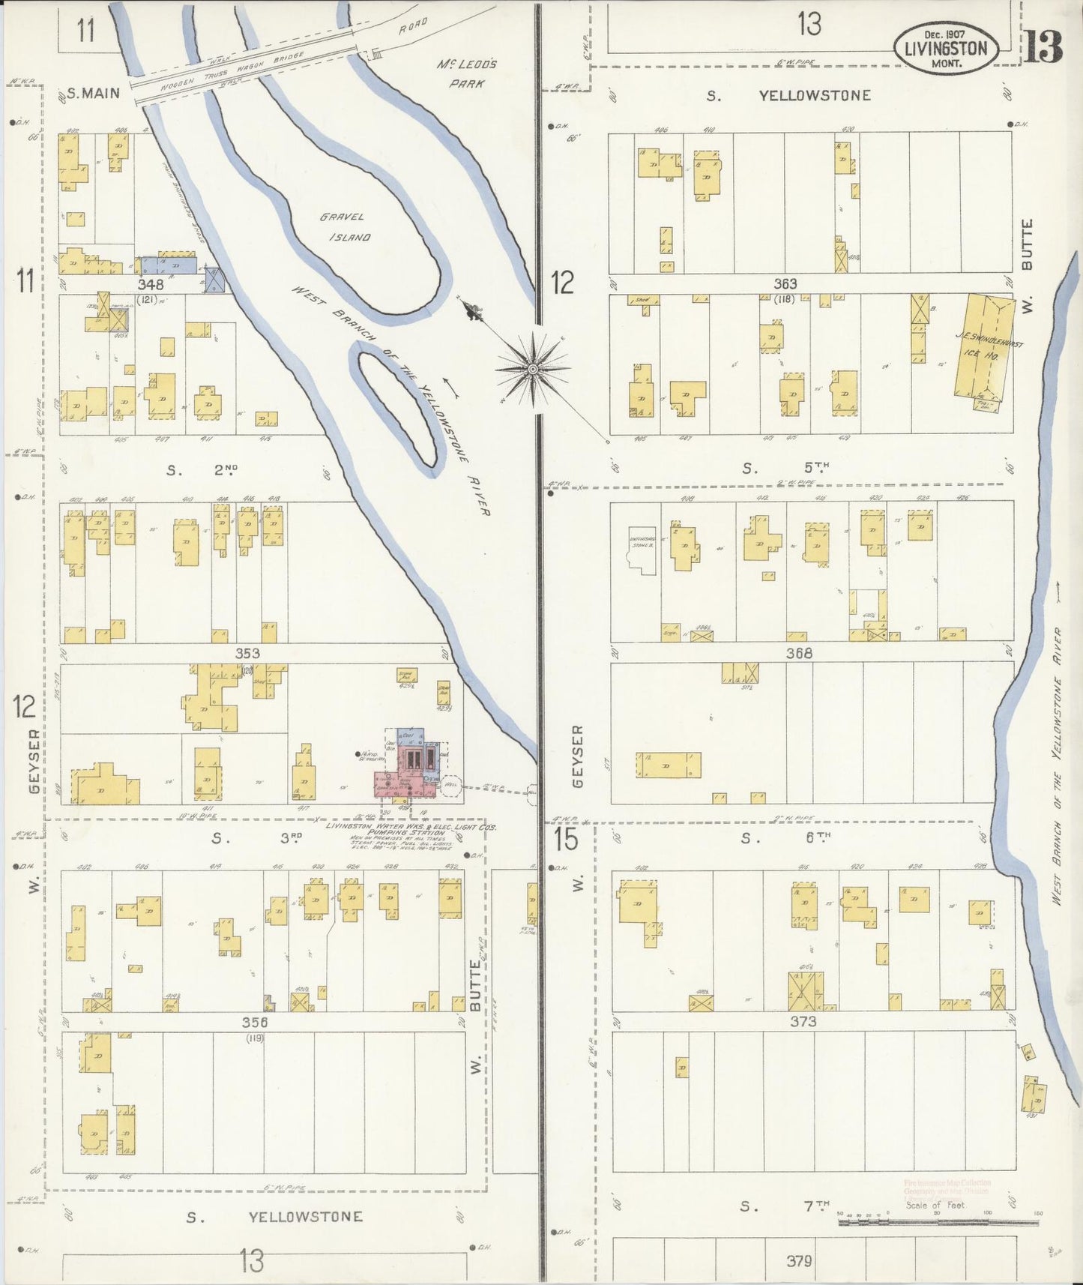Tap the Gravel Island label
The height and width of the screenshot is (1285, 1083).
click(x=344, y=227)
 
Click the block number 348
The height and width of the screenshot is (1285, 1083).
click(x=151, y=285)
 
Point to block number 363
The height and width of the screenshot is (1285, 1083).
click(x=785, y=284)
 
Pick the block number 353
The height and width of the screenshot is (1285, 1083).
click(x=247, y=653)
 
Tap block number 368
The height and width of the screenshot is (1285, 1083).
click(x=799, y=653)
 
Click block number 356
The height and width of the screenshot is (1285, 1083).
click(x=255, y=1022)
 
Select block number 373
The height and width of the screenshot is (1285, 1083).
click(x=802, y=1021)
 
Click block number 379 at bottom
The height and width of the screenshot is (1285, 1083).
click(x=799, y=1261)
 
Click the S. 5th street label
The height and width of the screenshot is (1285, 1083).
click(x=784, y=469)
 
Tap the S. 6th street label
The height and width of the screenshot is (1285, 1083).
click(x=784, y=838)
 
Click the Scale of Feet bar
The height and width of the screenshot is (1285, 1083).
click(x=937, y=1223)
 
